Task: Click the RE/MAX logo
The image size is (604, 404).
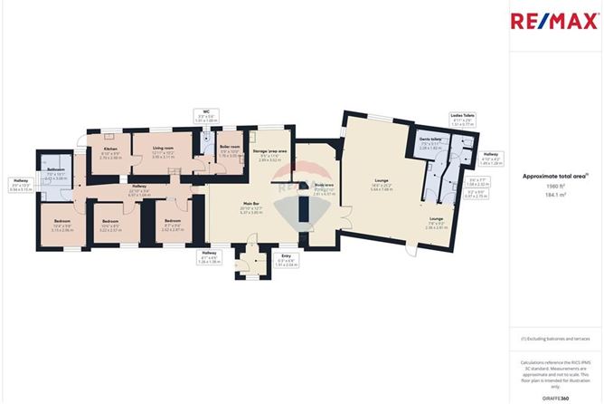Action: point(556,20)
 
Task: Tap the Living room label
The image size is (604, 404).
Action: point(163,151)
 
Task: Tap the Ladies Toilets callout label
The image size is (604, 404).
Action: point(461,117)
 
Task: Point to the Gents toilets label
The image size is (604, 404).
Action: point(430,143)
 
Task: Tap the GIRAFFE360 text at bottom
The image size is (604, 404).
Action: point(556,397)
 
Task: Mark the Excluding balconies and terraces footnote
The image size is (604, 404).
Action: point(555,338)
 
